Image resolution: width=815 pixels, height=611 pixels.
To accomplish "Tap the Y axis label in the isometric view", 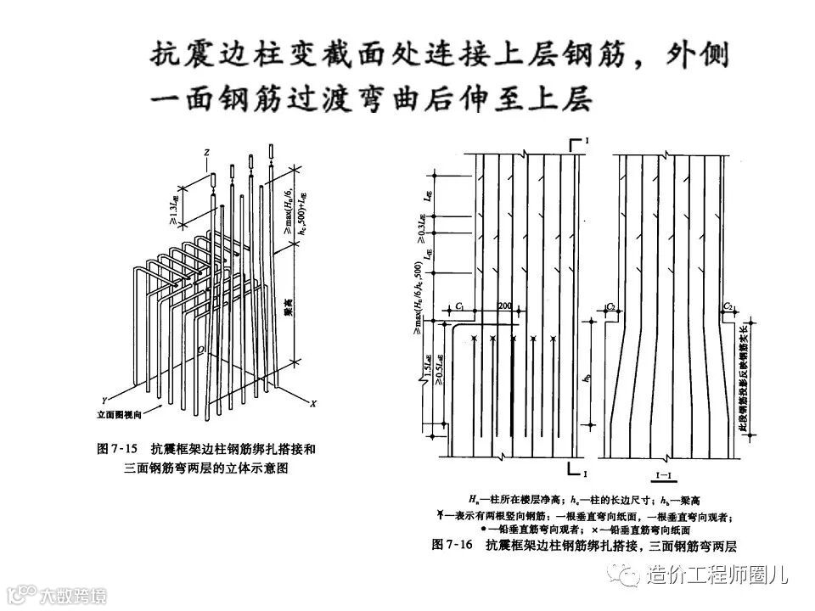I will (x=102, y=399).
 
